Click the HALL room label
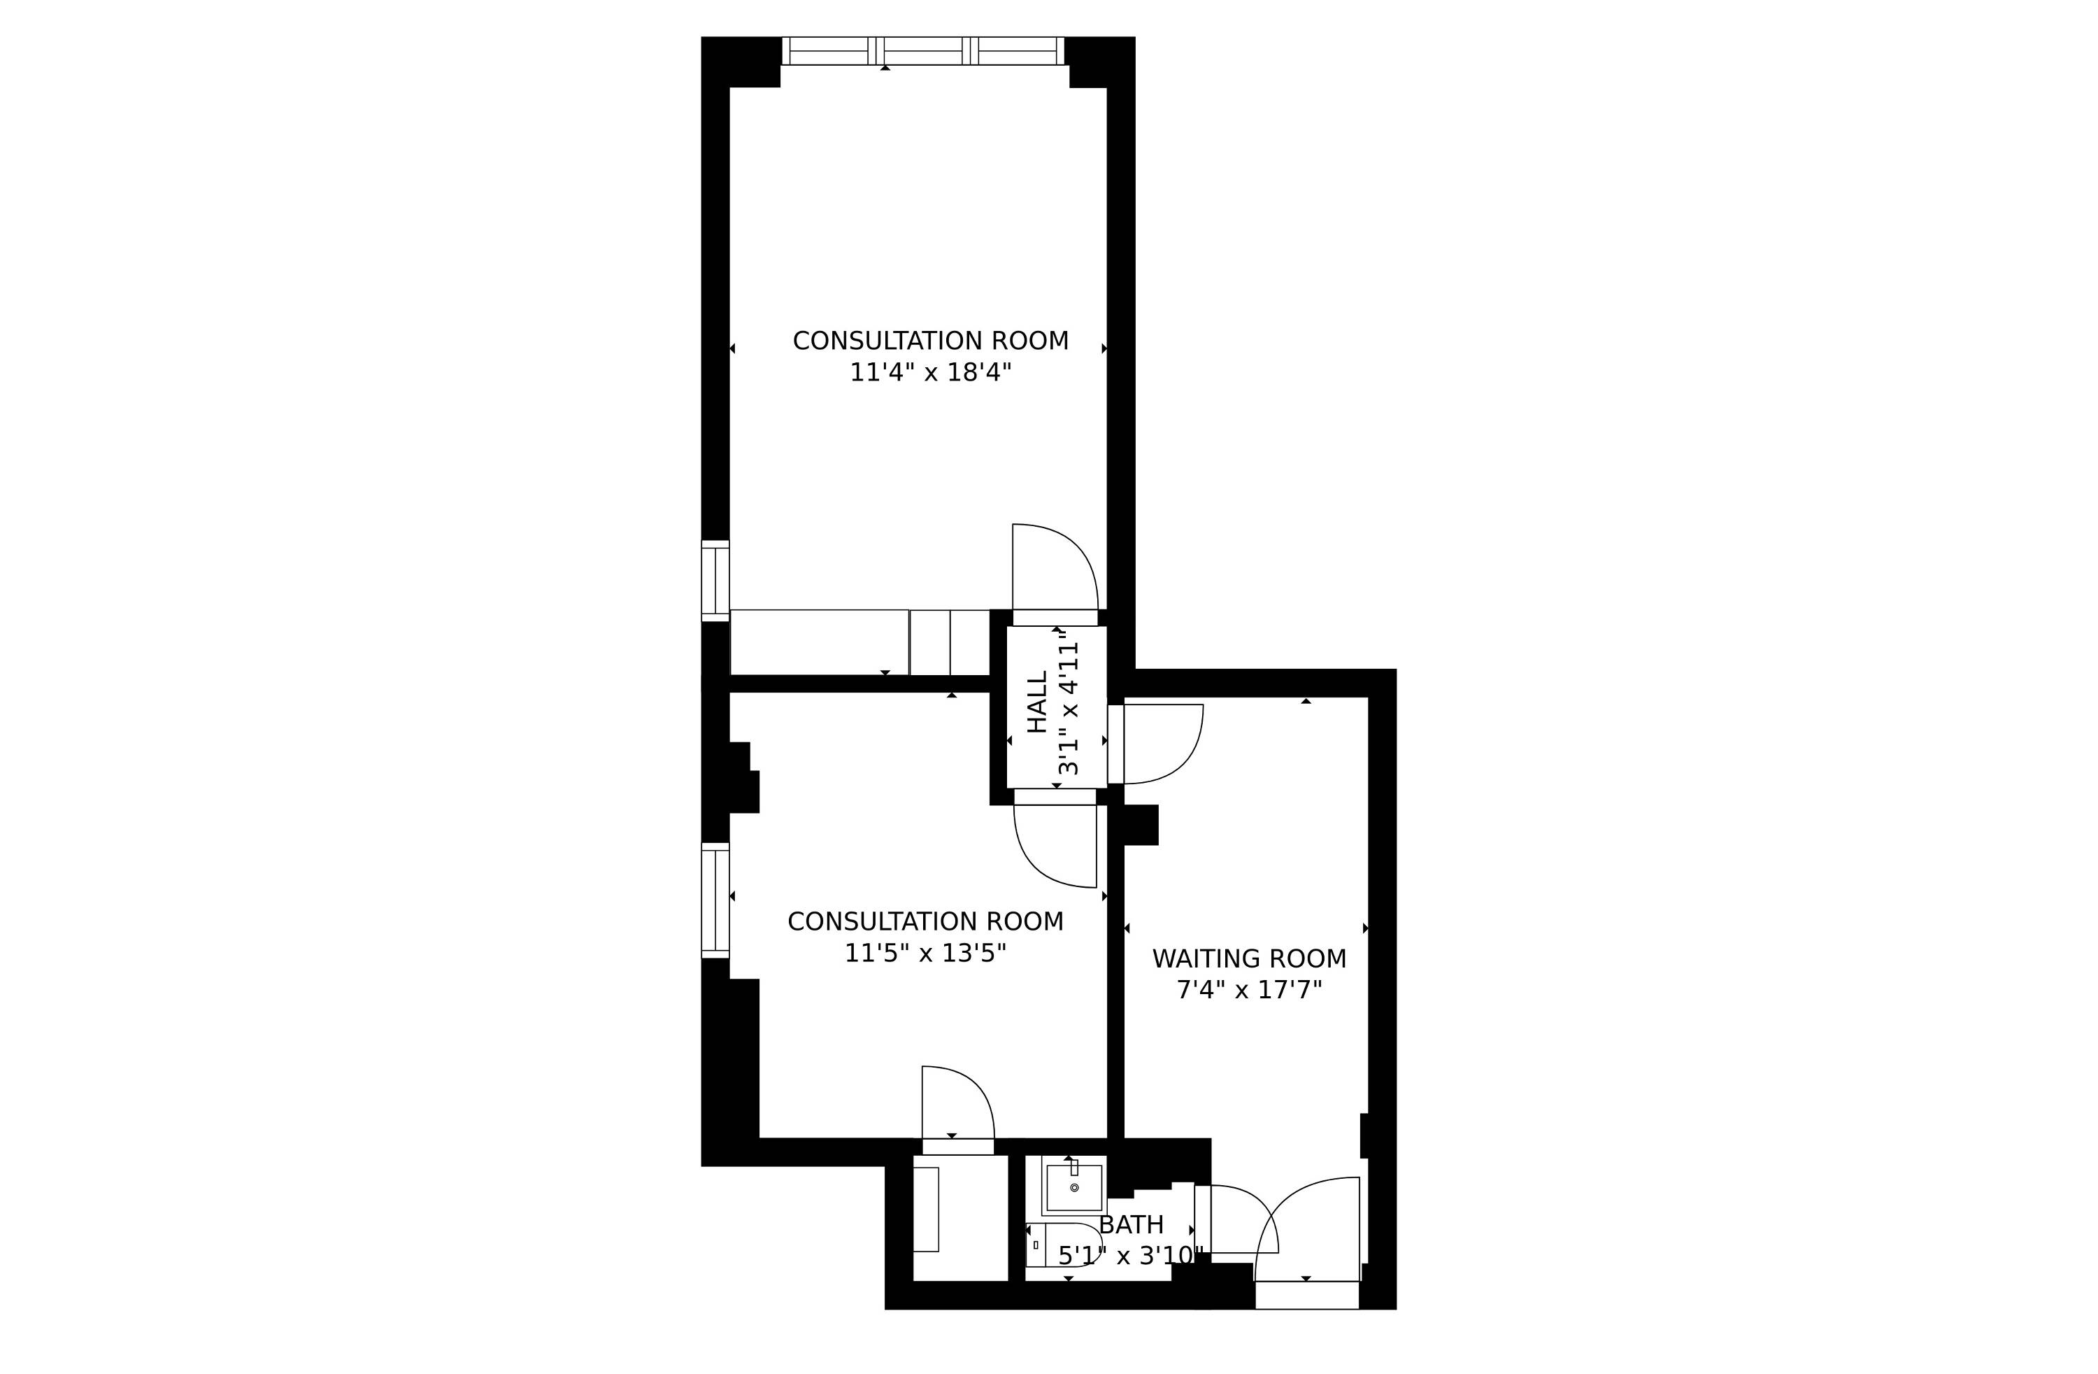pos(1039,702)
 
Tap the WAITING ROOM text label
pos(1249,958)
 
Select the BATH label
pos(1131,1225)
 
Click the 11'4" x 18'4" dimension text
pos(930,372)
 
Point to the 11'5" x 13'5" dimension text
pos(926,954)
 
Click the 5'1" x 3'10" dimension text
pos(1131,1256)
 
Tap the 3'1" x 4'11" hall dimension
pos(1069,702)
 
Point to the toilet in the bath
pos(1063,1245)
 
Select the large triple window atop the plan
pos(923,51)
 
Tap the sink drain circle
pos(1073,1188)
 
